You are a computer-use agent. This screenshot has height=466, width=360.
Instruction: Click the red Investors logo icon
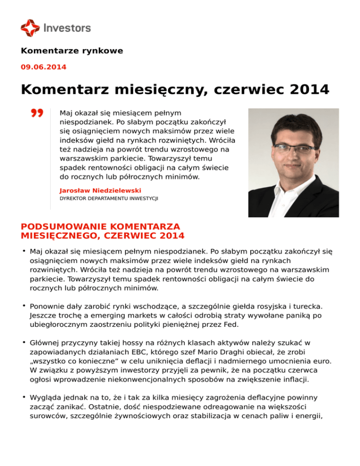30,28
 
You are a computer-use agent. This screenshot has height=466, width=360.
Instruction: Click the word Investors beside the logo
67,28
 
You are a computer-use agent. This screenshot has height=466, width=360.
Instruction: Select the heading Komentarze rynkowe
72,51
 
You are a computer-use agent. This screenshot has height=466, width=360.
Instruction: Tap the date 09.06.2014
44,67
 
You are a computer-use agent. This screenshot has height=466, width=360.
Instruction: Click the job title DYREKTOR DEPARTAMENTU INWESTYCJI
109,199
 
